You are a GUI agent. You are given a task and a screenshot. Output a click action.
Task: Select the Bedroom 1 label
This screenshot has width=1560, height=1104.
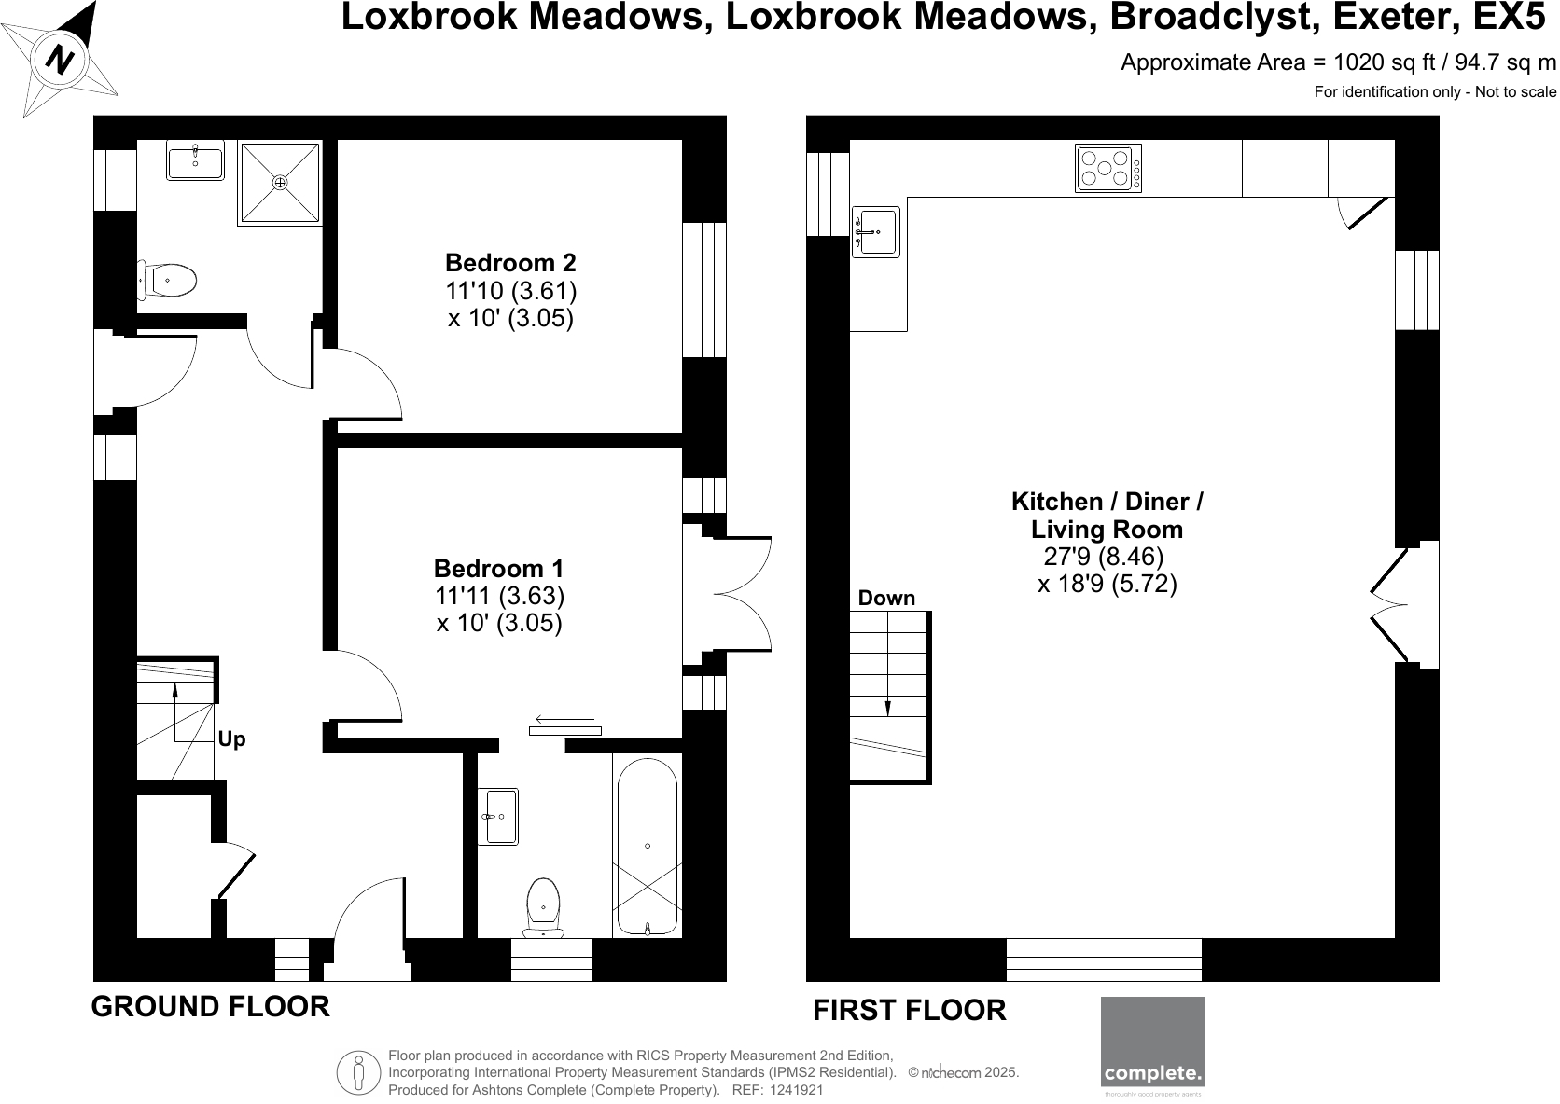point(498,568)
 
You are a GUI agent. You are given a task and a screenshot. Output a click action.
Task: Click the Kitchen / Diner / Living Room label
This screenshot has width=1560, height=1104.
point(1107,516)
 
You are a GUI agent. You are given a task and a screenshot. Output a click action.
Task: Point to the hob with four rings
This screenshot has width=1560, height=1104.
point(1107,169)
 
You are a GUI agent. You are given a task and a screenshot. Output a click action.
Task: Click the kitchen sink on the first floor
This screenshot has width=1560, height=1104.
point(875,232)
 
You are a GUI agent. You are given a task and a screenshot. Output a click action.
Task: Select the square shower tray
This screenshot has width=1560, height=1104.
point(280,183)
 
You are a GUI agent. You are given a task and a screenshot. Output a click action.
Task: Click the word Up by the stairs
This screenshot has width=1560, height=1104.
point(231,739)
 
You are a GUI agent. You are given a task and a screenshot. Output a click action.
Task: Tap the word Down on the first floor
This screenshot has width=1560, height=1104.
point(886,599)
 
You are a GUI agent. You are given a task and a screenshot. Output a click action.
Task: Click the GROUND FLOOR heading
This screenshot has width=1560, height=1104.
point(210,1007)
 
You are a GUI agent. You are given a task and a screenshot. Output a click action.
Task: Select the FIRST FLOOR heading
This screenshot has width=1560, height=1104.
point(910,1010)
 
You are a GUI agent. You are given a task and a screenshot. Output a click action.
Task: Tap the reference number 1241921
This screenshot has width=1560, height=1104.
point(797,1089)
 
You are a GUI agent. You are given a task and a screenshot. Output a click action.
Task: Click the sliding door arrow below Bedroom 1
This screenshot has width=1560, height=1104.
point(565,720)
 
